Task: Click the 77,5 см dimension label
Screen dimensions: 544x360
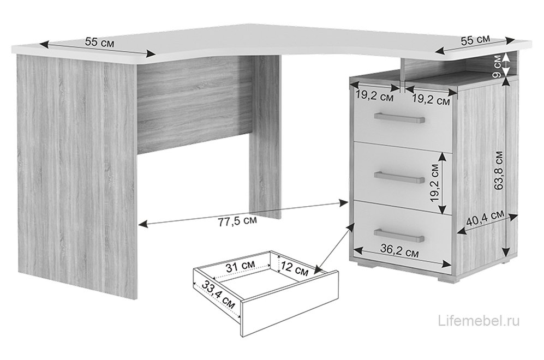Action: point(238,221)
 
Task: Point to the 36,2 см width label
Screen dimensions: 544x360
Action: point(399,250)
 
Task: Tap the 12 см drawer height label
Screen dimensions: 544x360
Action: point(295,268)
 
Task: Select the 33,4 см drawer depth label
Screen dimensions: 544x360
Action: point(218,295)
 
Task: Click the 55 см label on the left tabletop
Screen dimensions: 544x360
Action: point(99,43)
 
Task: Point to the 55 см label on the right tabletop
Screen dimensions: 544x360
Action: point(475,39)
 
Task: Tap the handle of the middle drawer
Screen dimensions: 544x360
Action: point(399,177)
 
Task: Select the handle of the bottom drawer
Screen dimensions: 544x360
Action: point(399,235)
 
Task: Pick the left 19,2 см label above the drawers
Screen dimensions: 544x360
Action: point(375,96)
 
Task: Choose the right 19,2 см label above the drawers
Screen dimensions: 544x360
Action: point(431,100)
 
